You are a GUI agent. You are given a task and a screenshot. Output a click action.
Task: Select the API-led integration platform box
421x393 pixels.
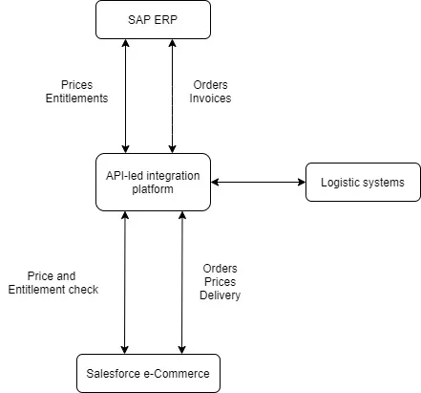click(x=153, y=181)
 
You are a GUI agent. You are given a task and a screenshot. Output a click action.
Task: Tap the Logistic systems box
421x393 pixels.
click(x=362, y=182)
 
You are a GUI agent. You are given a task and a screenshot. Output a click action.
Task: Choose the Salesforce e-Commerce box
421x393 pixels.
click(x=147, y=372)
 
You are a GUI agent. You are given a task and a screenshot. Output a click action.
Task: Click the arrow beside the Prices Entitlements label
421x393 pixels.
click(x=125, y=96)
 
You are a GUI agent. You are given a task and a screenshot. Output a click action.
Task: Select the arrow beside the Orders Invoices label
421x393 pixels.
click(x=173, y=96)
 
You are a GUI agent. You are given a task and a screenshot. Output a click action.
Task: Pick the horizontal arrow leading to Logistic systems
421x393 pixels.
click(x=258, y=182)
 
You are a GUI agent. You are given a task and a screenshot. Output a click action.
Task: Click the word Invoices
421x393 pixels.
click(x=212, y=98)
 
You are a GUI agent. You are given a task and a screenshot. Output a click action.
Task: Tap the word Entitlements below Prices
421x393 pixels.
click(x=76, y=98)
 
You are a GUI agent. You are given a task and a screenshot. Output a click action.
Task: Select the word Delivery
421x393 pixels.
click(x=220, y=295)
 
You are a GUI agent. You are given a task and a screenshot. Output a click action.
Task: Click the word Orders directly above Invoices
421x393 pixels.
click(x=211, y=84)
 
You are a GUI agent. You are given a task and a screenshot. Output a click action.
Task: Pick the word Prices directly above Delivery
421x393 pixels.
click(x=220, y=282)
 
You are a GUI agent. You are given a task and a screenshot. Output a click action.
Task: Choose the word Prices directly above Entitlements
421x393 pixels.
click(x=76, y=84)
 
